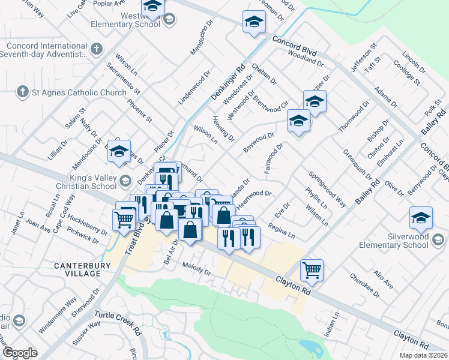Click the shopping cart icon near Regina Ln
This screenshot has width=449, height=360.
(312, 270)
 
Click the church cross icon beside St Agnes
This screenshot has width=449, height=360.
(22, 92)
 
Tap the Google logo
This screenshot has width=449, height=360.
(20, 352)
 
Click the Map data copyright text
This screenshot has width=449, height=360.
(423, 355)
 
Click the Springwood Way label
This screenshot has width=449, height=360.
(327, 190)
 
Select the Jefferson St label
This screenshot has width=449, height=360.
(363, 59)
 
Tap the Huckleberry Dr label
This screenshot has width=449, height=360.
(86, 223)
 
